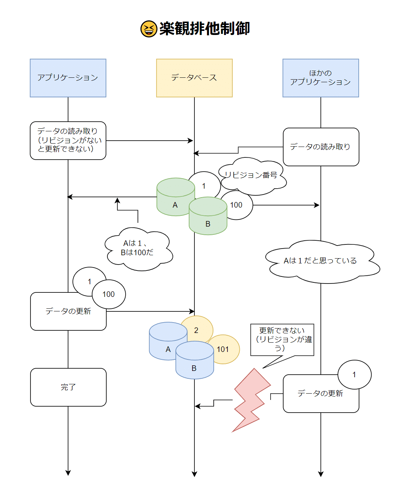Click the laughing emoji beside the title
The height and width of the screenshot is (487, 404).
149,29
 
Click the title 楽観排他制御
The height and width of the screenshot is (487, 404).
204,29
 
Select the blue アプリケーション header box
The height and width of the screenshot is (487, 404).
68,78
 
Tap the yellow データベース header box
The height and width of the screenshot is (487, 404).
194,78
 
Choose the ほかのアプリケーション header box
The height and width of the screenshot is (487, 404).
321,78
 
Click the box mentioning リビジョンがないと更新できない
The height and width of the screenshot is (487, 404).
68,141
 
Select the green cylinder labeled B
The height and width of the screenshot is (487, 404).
208,220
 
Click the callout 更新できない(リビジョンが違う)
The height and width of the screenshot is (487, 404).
282,339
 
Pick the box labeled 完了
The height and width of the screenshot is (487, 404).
68,387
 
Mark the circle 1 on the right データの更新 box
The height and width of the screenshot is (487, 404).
354,374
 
